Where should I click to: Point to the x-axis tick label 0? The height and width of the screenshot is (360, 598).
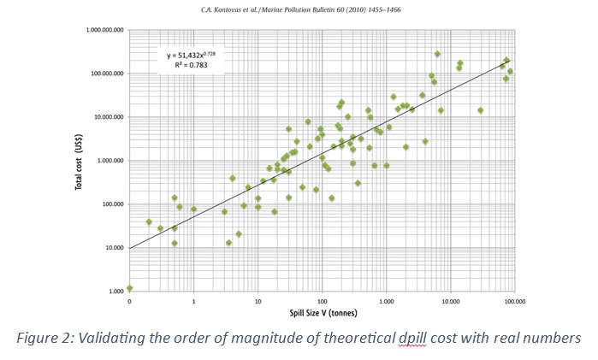coord(129,302)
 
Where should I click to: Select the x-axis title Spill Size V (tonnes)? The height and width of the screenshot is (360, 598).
coord(322,312)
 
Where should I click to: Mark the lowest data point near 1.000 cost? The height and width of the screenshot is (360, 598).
coord(129,288)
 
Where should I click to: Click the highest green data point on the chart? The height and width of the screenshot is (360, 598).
coord(437,54)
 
